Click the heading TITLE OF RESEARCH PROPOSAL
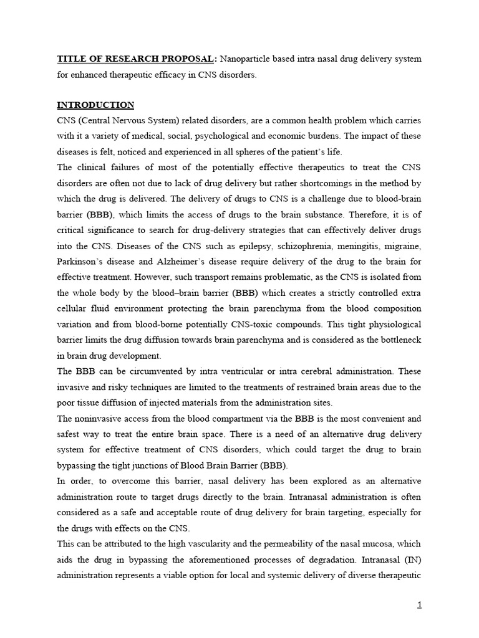click(136, 59)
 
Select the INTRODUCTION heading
click(95, 105)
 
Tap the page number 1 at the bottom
click(419, 604)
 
